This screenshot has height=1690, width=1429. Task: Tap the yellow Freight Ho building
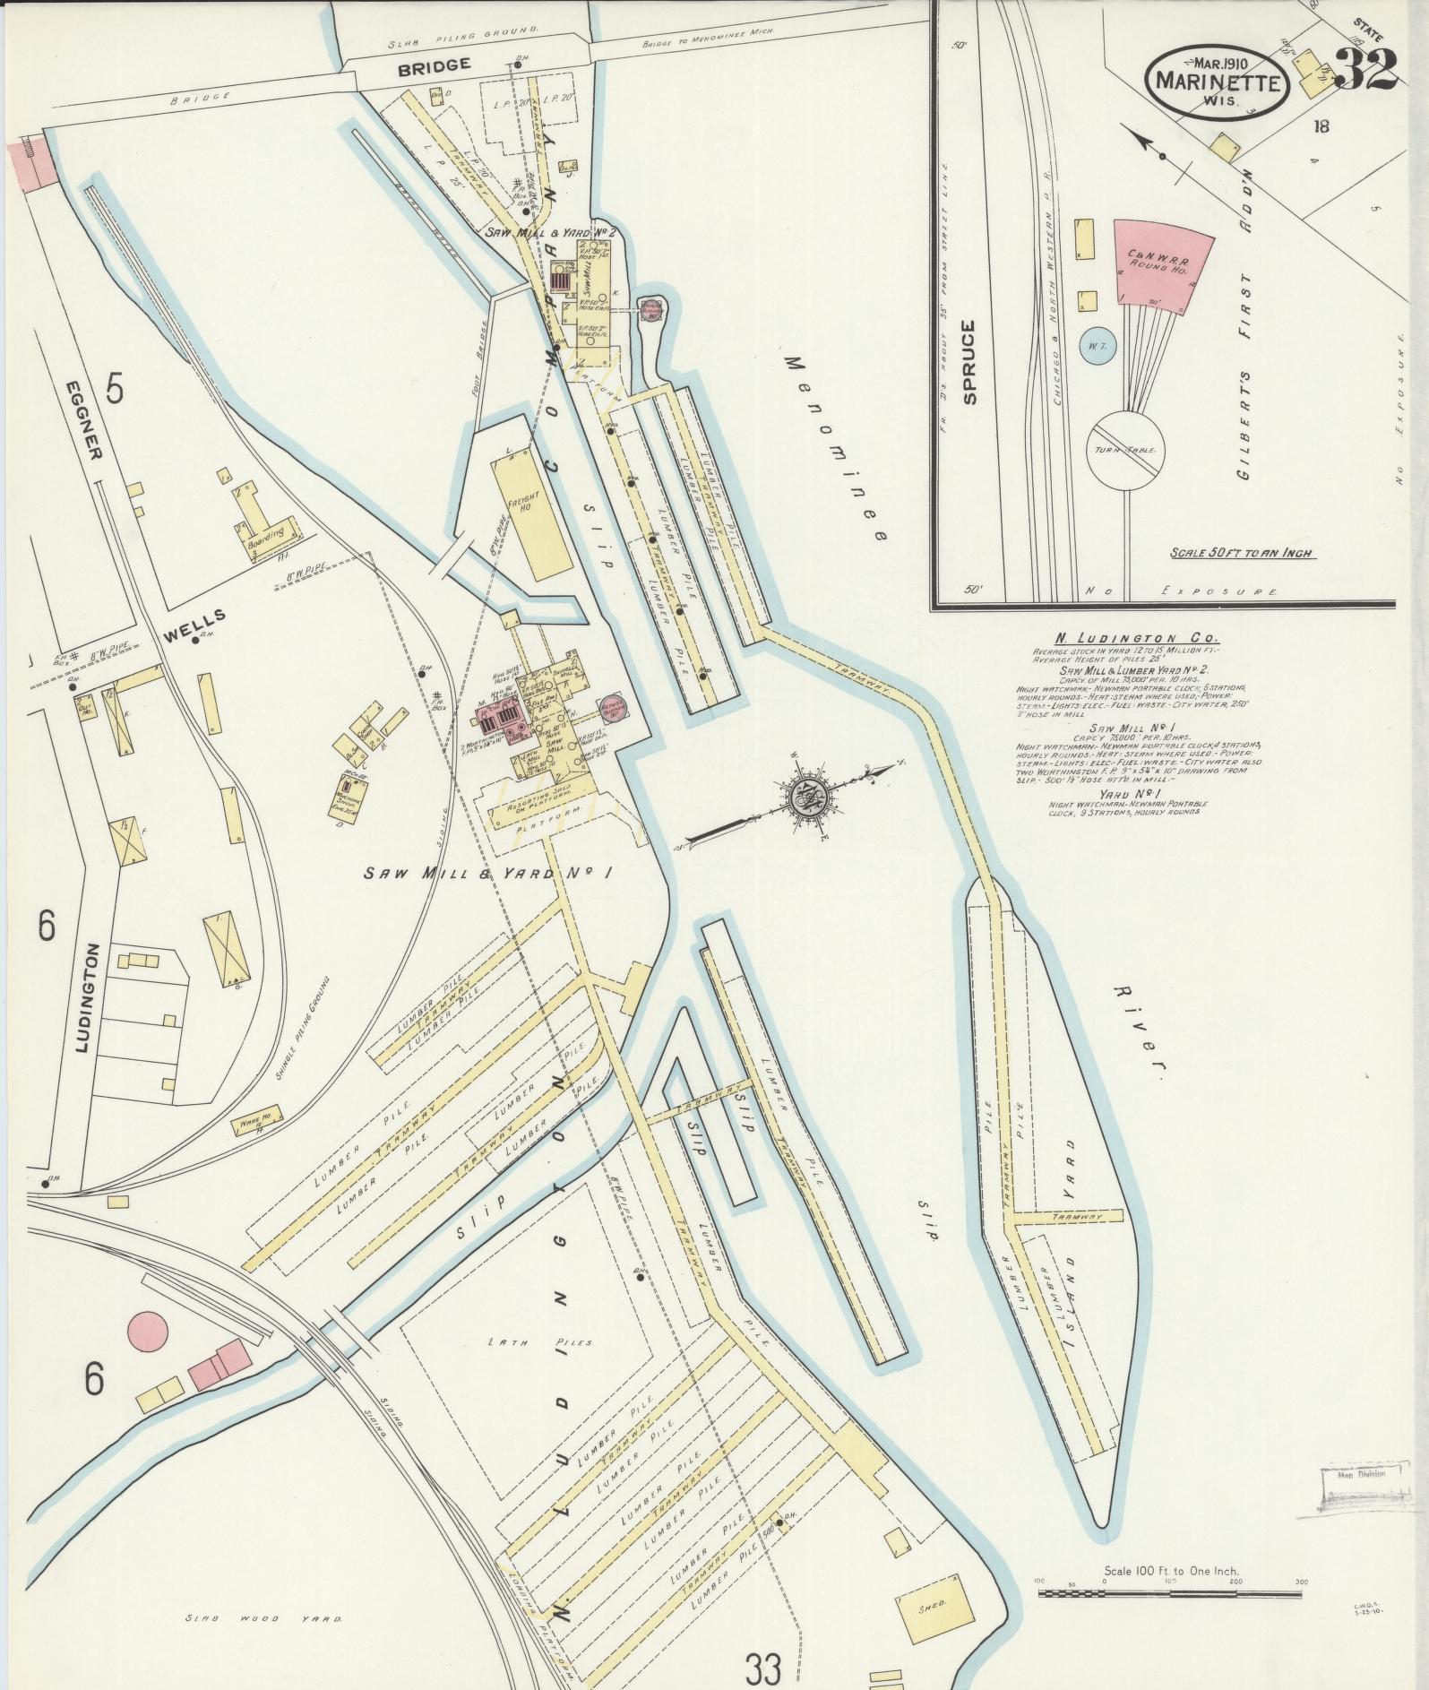(529, 508)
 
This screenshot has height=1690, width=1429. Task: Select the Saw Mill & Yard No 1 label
(487, 873)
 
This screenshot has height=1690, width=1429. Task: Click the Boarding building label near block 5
(266, 532)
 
